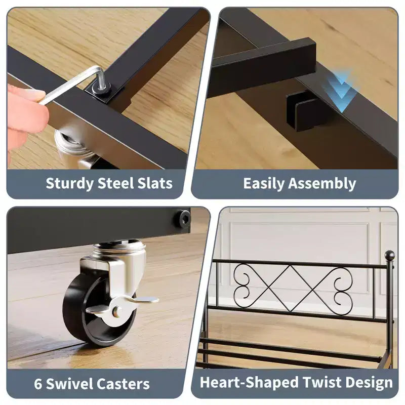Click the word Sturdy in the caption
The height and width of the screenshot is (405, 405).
[x=69, y=184]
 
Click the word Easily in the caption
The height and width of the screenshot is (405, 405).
[x=263, y=184]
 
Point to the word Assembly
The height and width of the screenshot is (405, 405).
[x=322, y=184]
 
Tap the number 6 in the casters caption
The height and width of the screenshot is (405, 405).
[x=38, y=384]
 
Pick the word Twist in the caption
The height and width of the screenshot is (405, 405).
[x=321, y=382]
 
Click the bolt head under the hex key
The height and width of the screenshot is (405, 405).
[x=103, y=88]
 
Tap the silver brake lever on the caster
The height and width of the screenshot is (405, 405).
[x=121, y=306]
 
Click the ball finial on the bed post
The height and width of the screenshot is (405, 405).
[x=390, y=256]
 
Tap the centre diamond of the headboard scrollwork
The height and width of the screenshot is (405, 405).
[x=292, y=288]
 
